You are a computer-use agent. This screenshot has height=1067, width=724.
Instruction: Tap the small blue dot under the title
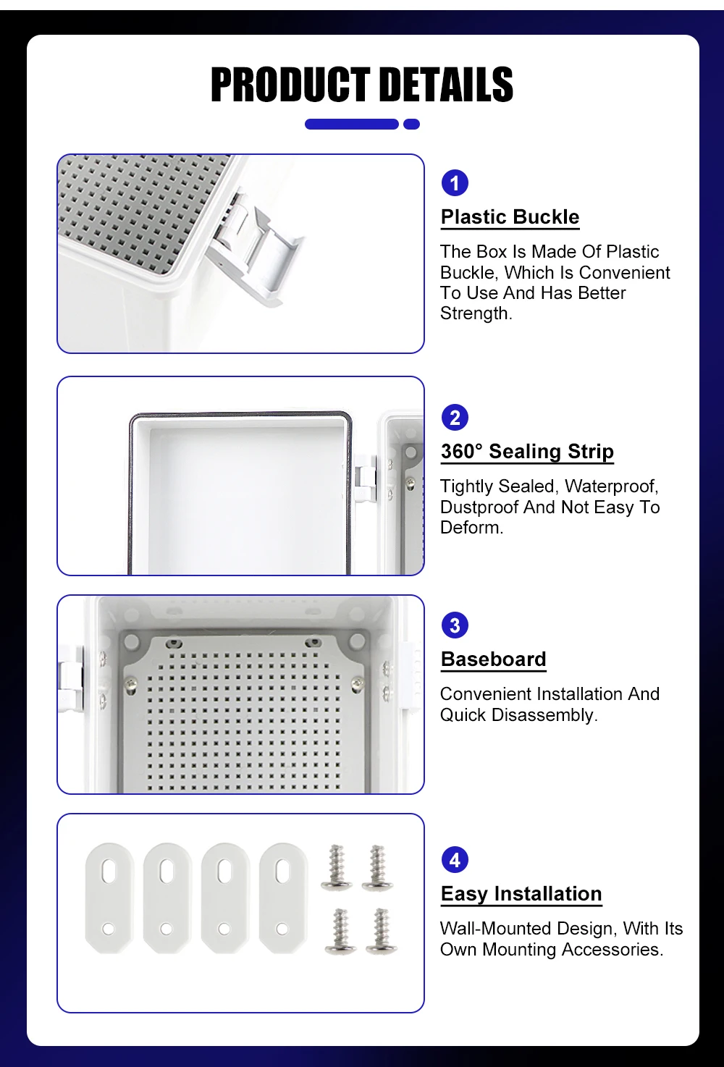click(411, 125)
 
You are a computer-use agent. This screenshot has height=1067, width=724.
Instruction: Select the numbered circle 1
click(455, 183)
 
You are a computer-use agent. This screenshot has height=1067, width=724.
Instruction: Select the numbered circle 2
click(455, 418)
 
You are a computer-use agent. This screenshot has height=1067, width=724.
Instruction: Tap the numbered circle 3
click(455, 625)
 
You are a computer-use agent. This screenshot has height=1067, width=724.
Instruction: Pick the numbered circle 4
click(455, 860)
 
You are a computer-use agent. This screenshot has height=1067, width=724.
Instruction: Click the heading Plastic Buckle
click(510, 217)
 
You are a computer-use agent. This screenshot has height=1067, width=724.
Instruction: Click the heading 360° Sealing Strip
click(527, 452)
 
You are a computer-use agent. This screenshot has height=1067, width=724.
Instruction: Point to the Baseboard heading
click(493, 659)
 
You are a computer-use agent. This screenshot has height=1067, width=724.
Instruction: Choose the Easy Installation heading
click(521, 894)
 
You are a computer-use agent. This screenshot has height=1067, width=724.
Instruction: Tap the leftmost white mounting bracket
click(109, 898)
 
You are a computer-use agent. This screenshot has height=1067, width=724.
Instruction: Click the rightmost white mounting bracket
click(283, 898)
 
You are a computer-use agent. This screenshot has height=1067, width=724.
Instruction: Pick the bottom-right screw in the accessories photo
click(381, 931)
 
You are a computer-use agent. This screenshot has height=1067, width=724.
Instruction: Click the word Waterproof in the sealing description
click(611, 486)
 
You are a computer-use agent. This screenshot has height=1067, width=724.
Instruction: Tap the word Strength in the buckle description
click(475, 313)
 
